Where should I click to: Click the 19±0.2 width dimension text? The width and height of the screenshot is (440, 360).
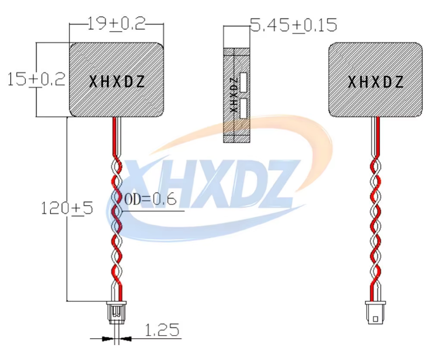coord(117,24)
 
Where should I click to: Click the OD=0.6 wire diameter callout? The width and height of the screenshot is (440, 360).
coord(150,200)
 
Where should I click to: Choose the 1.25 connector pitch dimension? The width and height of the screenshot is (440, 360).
coord(161,330)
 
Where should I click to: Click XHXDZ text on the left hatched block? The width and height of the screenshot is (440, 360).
coord(117,82)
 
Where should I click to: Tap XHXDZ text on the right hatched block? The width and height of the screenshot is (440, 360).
coord(376,82)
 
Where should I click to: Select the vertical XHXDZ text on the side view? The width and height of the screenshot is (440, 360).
coord(233,95)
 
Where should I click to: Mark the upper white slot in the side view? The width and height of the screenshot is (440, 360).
coord(244,83)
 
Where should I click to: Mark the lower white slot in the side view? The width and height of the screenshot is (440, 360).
coord(244,108)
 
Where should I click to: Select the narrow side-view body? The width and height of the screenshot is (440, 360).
coord(236,95)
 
